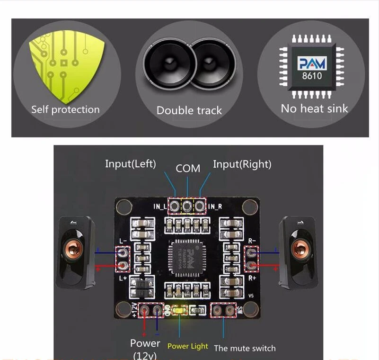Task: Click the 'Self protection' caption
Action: point(65,109)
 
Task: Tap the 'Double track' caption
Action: point(189,110)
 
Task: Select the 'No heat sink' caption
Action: point(314,108)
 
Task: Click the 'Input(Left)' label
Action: point(130,164)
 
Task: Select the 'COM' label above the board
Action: point(188,168)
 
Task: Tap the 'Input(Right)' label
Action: point(242,164)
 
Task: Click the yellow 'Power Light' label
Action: point(187,346)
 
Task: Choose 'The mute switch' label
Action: point(245,348)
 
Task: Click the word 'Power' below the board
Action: point(145,343)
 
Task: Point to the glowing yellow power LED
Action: point(179,310)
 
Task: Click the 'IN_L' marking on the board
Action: point(160,206)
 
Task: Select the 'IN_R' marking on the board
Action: point(215,206)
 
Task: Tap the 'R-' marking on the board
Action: point(252,241)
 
